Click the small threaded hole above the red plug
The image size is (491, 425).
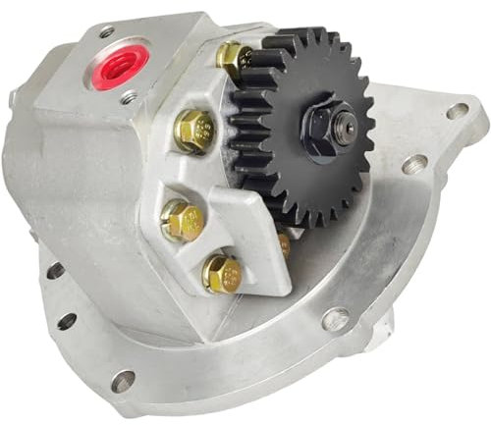(105, 32)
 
